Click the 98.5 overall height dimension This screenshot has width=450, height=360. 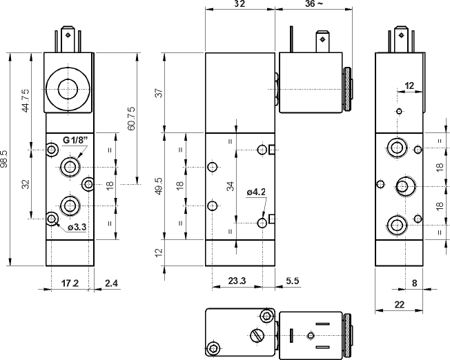pyautogui.click(x=6, y=159)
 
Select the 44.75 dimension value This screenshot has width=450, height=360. pyautogui.click(x=26, y=101)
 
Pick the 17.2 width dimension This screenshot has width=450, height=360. pyautogui.click(x=71, y=283)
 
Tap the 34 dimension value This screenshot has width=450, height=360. pyautogui.click(x=231, y=186)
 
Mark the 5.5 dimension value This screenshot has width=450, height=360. pyautogui.click(x=291, y=281)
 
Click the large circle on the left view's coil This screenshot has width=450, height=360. pyautogui.click(x=68, y=89)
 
